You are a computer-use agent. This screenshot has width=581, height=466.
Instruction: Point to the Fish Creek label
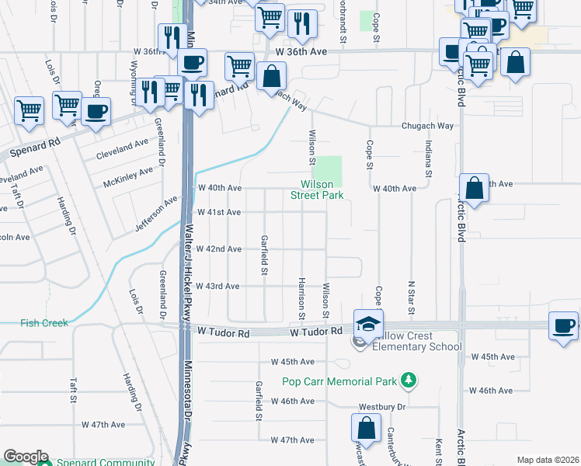pos(44,323)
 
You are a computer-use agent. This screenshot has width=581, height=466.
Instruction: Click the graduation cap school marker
pos(368,324)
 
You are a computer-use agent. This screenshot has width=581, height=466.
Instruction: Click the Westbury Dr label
pos(382,406)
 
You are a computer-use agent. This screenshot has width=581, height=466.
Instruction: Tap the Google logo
pos(26,457)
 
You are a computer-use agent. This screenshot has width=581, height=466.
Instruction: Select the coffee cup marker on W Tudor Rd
pos(563,326)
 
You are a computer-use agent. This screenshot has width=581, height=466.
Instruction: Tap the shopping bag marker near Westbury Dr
pos(366,428)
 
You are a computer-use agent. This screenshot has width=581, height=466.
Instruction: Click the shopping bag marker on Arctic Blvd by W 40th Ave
pos(474,188)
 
